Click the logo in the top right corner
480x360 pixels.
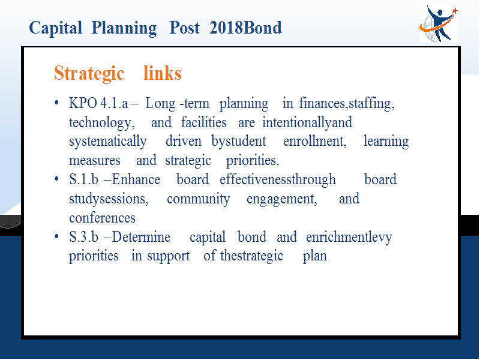(439, 23)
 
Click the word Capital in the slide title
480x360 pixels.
(55, 28)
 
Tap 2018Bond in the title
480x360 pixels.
(245, 28)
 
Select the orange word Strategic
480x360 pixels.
(89, 73)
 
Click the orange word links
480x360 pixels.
(163, 73)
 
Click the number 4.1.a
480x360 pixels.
(114, 103)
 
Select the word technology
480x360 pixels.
(101, 123)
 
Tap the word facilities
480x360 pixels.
(203, 122)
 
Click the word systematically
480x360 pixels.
(108, 142)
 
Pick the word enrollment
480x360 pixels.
(314, 142)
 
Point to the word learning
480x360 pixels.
(386, 142)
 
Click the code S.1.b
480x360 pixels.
(83, 179)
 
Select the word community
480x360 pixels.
(199, 199)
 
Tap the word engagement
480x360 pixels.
(282, 199)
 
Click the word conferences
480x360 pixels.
(102, 218)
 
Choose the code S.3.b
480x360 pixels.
(83, 237)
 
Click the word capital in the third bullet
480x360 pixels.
(208, 238)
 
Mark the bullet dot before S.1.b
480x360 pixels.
(56, 179)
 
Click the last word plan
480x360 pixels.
(314, 257)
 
